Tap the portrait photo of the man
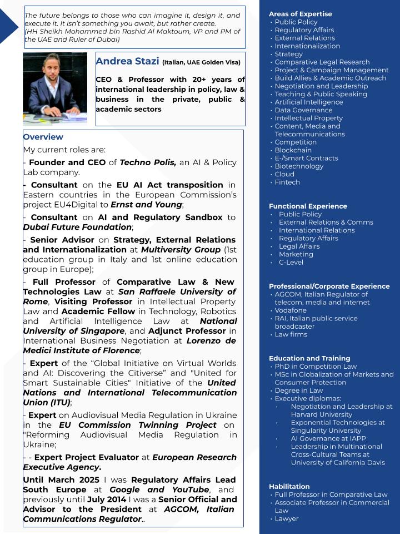coord(55,88)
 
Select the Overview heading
coord(43,137)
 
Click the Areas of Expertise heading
coord(300,14)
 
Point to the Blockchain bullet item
coord(293,150)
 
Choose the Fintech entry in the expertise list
coord(287,182)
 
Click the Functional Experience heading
coord(308,206)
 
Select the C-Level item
coord(291,262)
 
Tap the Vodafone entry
coord(291,310)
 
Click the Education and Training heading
coord(309,358)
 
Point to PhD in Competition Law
coord(316,367)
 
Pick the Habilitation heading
coord(289,486)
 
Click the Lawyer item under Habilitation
coord(287,518)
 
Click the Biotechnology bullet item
coord(299,166)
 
